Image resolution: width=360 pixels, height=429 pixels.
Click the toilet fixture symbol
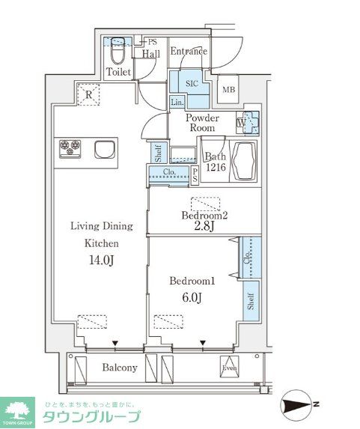pos(118,52)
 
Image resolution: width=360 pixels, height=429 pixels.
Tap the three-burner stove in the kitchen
pos(70,149)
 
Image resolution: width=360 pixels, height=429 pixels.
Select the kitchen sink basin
pos(105,150)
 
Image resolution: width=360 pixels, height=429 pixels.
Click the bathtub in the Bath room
pos(244,161)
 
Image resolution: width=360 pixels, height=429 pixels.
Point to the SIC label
pos(192,83)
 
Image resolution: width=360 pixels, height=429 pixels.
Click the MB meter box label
pos(229,89)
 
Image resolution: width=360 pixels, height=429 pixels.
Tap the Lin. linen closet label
pos(177,103)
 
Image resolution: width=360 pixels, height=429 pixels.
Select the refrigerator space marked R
pos(88,94)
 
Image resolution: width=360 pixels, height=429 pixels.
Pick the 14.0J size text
pos(101,261)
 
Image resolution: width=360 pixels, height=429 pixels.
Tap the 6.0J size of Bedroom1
pos(192,297)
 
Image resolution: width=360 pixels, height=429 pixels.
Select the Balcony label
pos(120,368)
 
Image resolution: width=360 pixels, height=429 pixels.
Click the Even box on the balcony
pos(230,367)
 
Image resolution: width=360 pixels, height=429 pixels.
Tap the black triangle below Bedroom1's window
pos(203,343)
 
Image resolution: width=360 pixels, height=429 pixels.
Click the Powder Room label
pos(202,123)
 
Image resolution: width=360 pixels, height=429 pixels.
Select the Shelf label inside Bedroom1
pos(251,301)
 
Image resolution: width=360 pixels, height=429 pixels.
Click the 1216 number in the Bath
pos(216,167)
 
